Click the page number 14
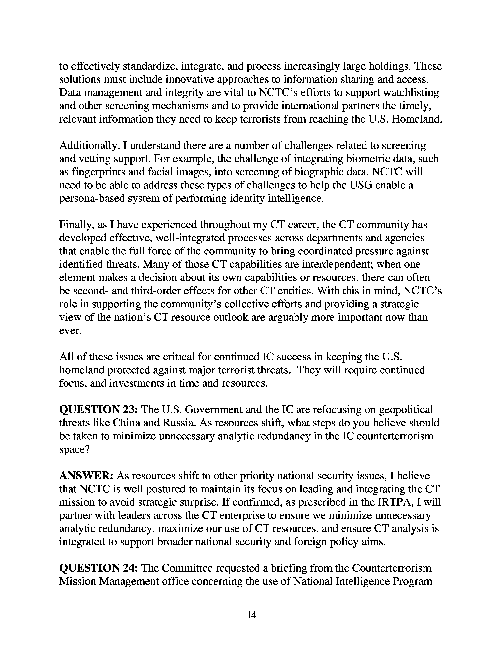251,615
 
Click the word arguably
288,317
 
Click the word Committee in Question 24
187,568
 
